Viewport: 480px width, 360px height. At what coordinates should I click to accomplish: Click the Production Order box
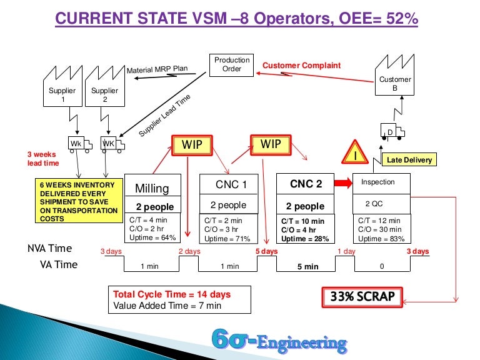click(232, 64)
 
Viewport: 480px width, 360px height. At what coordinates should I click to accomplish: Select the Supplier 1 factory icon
click(62, 92)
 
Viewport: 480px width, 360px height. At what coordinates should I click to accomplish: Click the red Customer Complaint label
click(301, 65)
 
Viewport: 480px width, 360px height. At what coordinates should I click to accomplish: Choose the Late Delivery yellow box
click(409, 160)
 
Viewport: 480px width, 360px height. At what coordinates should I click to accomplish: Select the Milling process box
click(152, 194)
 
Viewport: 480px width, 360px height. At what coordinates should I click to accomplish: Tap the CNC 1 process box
click(227, 194)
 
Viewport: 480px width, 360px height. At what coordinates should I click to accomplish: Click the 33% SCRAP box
click(362, 296)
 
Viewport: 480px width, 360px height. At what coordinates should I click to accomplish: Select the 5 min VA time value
click(307, 266)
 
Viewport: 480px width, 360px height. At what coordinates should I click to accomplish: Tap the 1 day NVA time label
click(347, 252)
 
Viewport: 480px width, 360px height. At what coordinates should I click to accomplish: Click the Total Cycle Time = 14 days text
click(172, 294)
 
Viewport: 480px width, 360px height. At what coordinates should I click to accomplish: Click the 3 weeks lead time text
click(42, 159)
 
